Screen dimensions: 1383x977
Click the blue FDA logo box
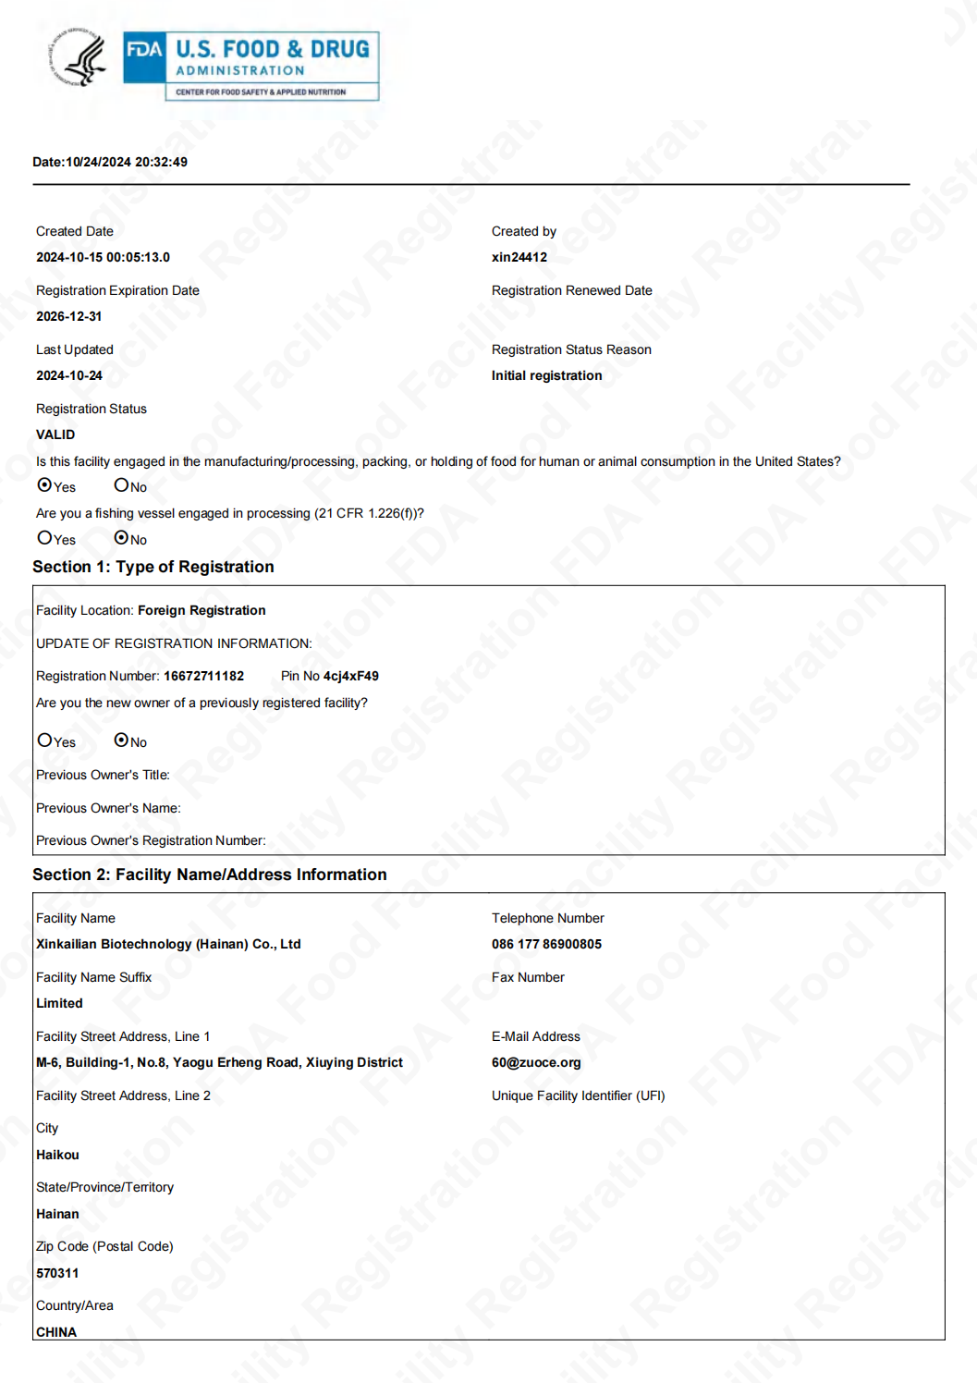click(144, 57)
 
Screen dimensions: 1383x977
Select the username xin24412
click(519, 257)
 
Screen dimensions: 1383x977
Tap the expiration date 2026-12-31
click(69, 316)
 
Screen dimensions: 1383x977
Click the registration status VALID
click(55, 434)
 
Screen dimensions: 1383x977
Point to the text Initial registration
click(546, 375)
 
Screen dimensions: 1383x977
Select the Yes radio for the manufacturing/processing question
click(44, 485)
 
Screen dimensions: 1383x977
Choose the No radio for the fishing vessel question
click(121, 538)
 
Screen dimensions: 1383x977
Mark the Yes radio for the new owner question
click(44, 740)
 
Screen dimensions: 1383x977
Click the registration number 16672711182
click(203, 676)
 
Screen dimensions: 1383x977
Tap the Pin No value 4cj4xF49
click(350, 676)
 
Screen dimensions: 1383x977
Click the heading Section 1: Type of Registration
click(153, 567)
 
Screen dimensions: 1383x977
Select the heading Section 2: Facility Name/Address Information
click(210, 875)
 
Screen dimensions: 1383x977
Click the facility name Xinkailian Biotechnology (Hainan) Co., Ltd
click(168, 944)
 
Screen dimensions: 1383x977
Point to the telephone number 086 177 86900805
click(546, 944)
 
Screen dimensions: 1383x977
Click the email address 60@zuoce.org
click(536, 1062)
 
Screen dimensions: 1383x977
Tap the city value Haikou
click(57, 1155)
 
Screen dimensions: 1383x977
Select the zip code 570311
click(57, 1273)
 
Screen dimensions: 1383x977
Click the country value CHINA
click(56, 1332)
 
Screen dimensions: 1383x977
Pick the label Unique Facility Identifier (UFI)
click(578, 1095)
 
